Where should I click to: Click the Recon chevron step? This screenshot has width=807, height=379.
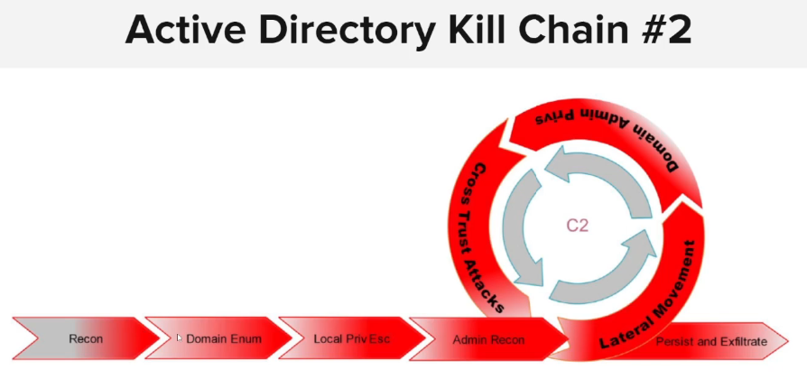(x=86, y=339)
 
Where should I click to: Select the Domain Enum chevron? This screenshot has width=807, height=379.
(x=222, y=339)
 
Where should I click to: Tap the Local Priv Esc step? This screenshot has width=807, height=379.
(x=351, y=339)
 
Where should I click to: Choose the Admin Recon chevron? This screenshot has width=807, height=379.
(x=487, y=339)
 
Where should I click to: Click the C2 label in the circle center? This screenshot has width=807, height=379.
(x=578, y=226)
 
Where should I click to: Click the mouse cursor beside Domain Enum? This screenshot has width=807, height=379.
(x=179, y=337)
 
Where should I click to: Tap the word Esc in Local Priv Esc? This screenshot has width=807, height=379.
(x=379, y=339)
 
